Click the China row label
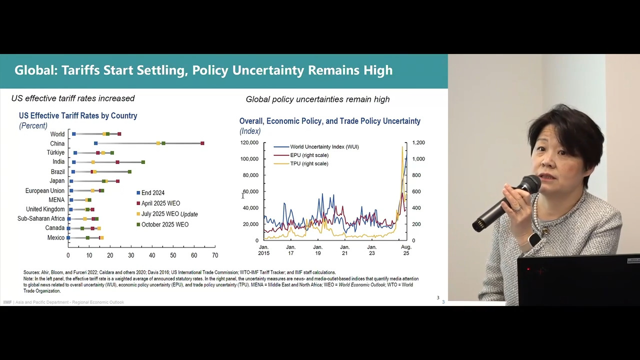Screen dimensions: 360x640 (x=57, y=143)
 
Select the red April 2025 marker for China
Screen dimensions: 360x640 (x=202, y=143)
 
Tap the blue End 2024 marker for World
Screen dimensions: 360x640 (x=74, y=134)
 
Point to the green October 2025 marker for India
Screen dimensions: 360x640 (x=143, y=162)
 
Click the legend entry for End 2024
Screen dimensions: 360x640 (x=152, y=193)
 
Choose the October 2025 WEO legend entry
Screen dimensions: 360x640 (x=164, y=224)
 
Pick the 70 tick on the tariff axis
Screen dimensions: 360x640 (x=215, y=255)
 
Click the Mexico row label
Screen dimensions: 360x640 (x=56, y=237)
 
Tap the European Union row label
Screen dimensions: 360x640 (x=45, y=190)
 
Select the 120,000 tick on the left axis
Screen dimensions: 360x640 (x=249, y=143)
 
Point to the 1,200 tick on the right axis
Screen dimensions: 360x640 (x=418, y=143)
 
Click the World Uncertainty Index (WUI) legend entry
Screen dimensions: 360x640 (x=324, y=147)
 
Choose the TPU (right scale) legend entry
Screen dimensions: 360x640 (x=309, y=163)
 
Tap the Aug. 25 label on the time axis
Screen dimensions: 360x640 (x=406, y=250)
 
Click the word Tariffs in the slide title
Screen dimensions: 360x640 (x=80, y=70)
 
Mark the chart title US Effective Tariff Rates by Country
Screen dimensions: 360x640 (x=78, y=115)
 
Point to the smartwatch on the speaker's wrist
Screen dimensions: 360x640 (x=534, y=239)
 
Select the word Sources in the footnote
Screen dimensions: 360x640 (x=31, y=272)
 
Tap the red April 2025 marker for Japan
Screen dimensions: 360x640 (x=117, y=181)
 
